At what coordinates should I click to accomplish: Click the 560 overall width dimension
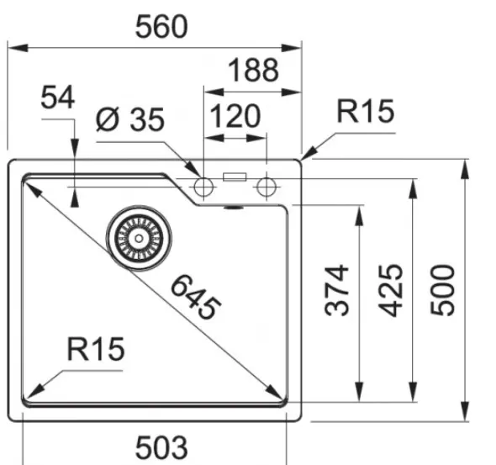(x=161, y=27)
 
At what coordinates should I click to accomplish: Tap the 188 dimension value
(x=253, y=70)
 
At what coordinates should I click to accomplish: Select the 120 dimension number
(x=235, y=116)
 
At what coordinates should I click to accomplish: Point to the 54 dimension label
(x=58, y=97)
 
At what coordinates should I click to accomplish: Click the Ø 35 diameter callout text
(x=130, y=119)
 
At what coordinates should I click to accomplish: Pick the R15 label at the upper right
(x=366, y=111)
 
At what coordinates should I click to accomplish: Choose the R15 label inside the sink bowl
(x=96, y=349)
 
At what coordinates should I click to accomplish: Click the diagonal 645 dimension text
(x=196, y=297)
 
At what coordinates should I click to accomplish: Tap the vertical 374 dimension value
(x=337, y=290)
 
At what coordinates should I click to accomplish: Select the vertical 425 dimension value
(x=391, y=290)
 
